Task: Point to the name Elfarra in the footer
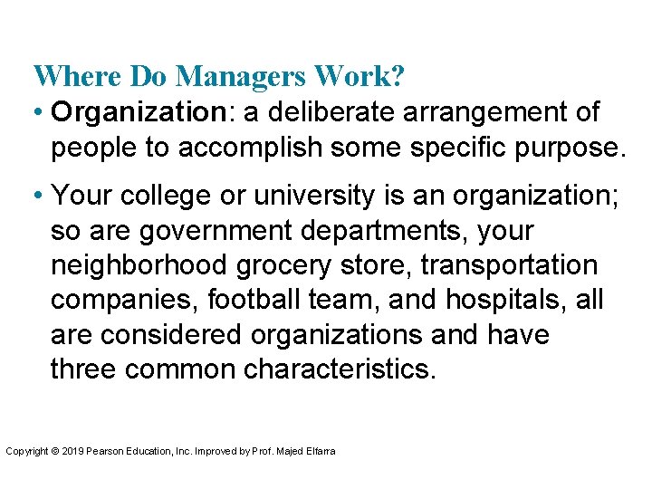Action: coord(321,451)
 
